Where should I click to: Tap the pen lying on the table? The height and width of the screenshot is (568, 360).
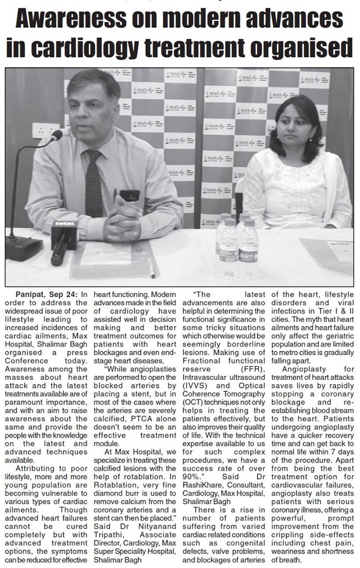click(x=152, y=268)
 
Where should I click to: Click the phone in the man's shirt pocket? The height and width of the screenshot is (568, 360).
click(x=129, y=196)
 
